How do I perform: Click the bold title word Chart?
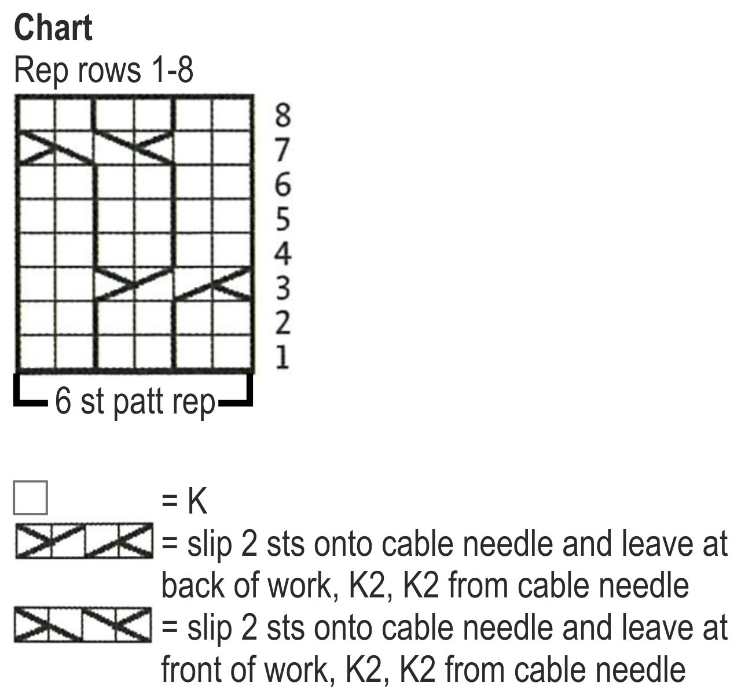click(53, 28)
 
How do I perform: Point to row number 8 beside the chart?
click(282, 115)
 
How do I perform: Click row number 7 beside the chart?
click(282, 150)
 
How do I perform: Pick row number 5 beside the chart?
click(282, 219)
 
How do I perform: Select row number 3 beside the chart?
click(282, 288)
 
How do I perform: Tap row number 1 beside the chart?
click(282, 357)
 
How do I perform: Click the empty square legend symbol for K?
click(30, 498)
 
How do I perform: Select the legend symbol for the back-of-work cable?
click(84, 541)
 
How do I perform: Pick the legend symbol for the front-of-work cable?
click(84, 625)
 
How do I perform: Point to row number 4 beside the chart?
click(282, 253)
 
